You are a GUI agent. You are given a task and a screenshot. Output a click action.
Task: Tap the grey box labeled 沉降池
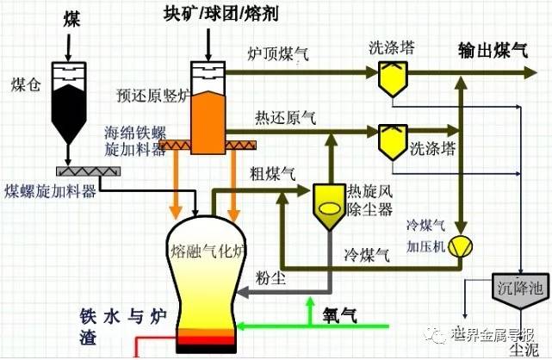521,287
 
